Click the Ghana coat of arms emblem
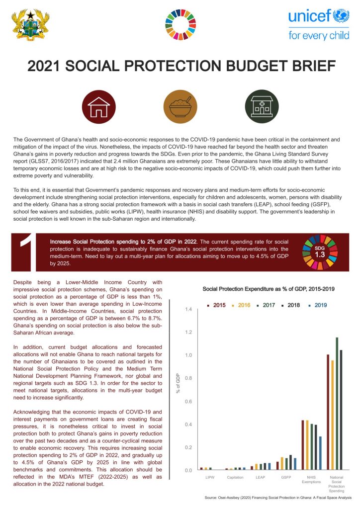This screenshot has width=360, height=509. pos(31,25)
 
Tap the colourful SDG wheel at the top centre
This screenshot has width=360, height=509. pos(180,25)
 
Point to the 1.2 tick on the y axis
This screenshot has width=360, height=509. pos(187,332)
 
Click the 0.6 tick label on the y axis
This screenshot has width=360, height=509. pos(187,401)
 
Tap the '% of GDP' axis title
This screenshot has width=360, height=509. pos(178,383)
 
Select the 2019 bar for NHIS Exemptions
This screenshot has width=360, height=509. pos(320,453)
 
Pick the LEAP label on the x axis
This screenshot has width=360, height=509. pos(260,477)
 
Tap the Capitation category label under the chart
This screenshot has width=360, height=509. pos(235,477)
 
